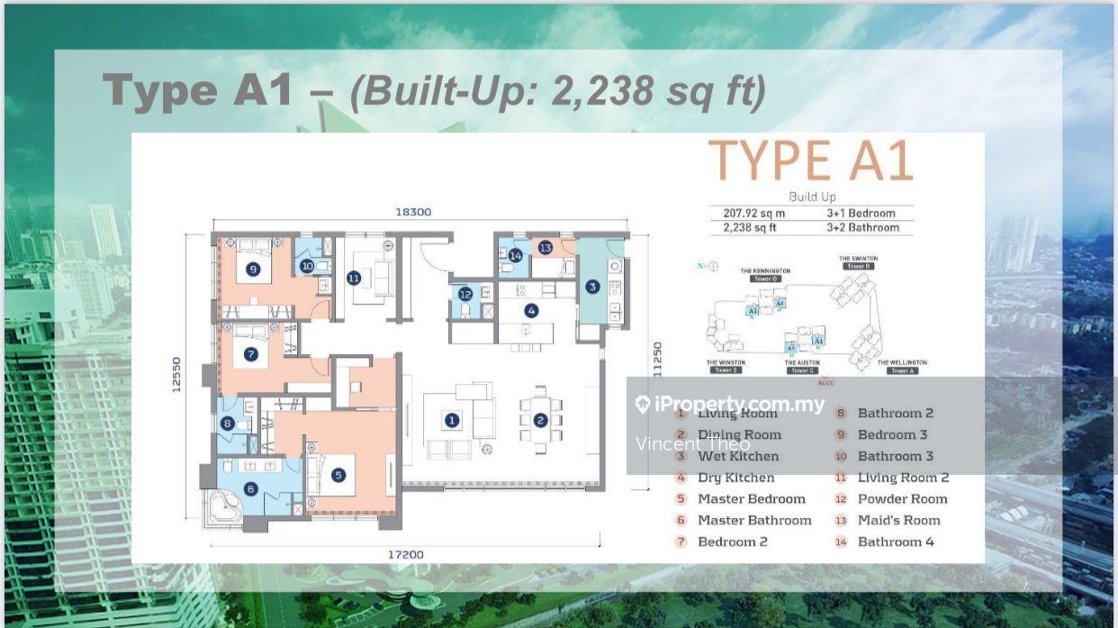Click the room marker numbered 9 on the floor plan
click(x=253, y=268)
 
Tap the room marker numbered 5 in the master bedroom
click(x=338, y=475)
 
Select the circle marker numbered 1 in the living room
click(x=451, y=420)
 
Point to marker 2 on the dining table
click(x=540, y=420)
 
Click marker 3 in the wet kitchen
click(x=591, y=287)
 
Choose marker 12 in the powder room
click(x=464, y=294)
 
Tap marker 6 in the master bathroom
click(x=251, y=488)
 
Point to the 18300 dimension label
click(x=413, y=212)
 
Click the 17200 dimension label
click(x=405, y=554)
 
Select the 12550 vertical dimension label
click(x=176, y=374)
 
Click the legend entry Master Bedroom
click(x=751, y=499)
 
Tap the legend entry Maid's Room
click(x=898, y=521)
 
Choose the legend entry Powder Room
click(x=902, y=499)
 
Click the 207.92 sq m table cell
click(x=754, y=214)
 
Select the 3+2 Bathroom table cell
click(x=862, y=228)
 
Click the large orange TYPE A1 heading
click(x=810, y=162)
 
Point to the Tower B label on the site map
click(x=859, y=267)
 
